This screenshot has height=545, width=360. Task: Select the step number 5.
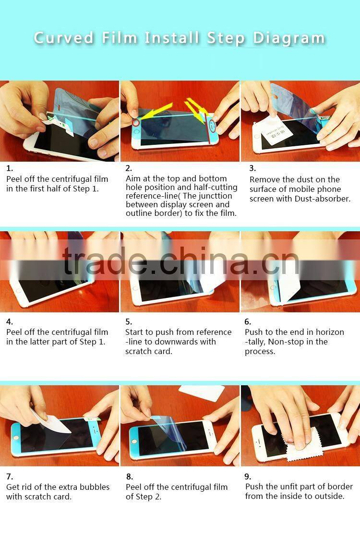129,321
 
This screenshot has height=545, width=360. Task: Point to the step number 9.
248,476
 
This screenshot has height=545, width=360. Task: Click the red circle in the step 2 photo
136,123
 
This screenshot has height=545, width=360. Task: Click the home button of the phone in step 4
18,291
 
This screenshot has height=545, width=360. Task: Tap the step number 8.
129,477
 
